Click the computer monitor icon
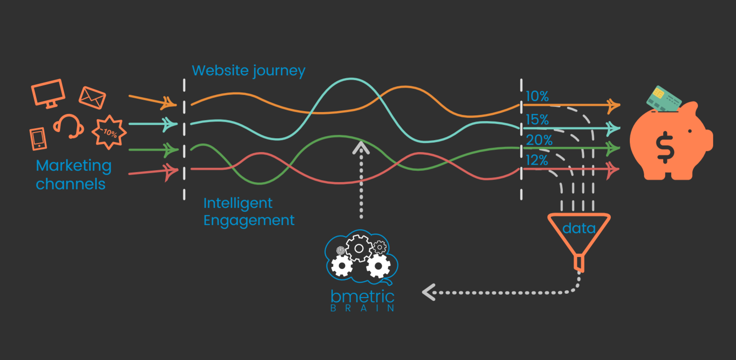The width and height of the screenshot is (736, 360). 48,92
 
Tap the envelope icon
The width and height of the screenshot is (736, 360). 92,98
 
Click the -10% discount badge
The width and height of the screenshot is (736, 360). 109,131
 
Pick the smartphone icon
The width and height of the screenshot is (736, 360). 38,139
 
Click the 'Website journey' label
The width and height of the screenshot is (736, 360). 249,71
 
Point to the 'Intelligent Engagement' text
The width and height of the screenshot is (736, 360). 249,212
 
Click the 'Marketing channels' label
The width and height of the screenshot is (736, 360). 73,175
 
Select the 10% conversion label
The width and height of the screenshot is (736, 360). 537,97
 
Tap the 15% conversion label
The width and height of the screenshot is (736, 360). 537,120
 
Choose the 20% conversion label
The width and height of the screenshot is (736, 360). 539,140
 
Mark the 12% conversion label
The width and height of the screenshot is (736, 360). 537,160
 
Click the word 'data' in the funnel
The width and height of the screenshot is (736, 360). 579,229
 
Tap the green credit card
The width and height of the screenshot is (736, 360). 664,98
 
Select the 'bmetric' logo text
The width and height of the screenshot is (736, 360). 363,297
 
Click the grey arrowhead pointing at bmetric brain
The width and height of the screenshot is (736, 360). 428,291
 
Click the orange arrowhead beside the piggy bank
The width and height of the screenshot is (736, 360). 614,105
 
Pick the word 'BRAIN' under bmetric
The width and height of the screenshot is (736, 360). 363,308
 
